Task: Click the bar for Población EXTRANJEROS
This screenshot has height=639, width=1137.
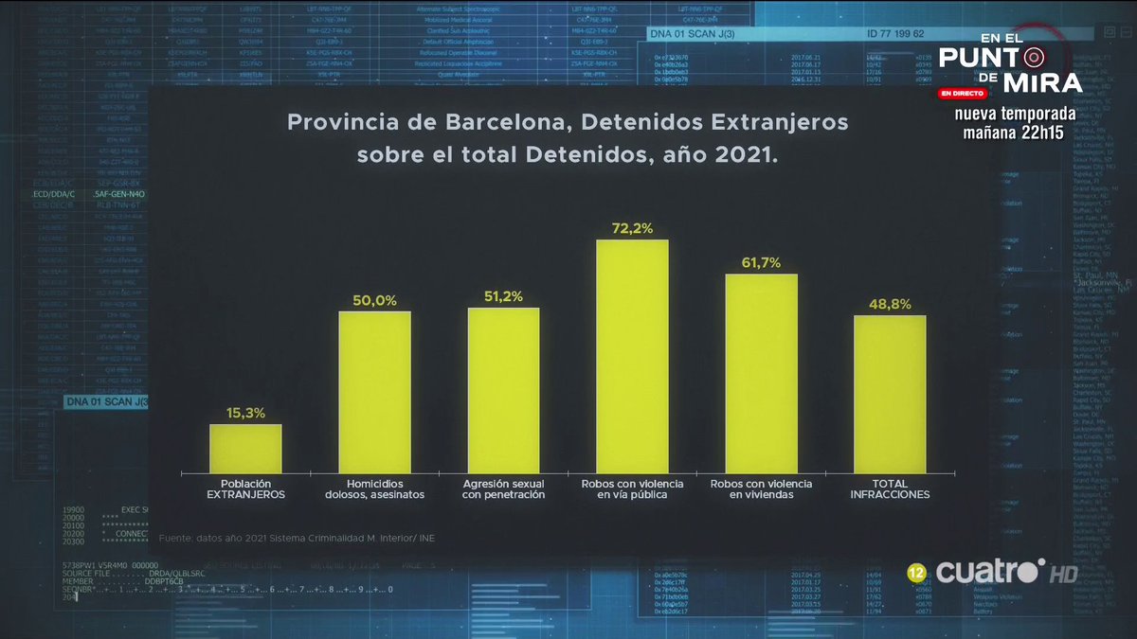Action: [x=245, y=449]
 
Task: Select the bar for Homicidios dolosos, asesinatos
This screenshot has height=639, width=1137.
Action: [x=374, y=392]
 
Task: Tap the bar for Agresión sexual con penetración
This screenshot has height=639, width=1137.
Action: [x=503, y=390]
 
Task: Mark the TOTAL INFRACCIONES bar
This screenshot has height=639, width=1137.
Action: [x=890, y=394]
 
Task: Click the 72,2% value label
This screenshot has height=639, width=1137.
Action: [x=632, y=228]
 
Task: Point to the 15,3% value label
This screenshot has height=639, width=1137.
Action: [x=245, y=413]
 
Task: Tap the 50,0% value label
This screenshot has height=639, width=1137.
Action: [x=374, y=300]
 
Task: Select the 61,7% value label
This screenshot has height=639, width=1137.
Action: [x=761, y=263]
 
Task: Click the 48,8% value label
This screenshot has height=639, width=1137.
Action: [x=890, y=304]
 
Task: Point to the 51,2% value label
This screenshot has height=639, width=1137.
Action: [x=503, y=296]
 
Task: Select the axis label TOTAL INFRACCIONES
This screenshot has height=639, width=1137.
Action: [x=890, y=489]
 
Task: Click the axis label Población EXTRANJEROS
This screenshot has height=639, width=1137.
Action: [x=245, y=489]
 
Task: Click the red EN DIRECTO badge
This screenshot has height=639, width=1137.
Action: [x=964, y=95]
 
